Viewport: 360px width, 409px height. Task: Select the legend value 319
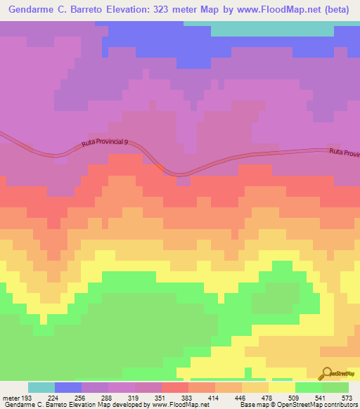coord(127,398)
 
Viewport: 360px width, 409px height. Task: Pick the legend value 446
coord(218,398)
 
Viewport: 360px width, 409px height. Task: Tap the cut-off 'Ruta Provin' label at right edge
coord(344,152)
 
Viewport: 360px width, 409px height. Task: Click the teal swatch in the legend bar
coord(41,387)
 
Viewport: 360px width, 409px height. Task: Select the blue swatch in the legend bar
coord(68,387)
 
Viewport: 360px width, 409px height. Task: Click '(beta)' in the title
coord(340,9)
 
